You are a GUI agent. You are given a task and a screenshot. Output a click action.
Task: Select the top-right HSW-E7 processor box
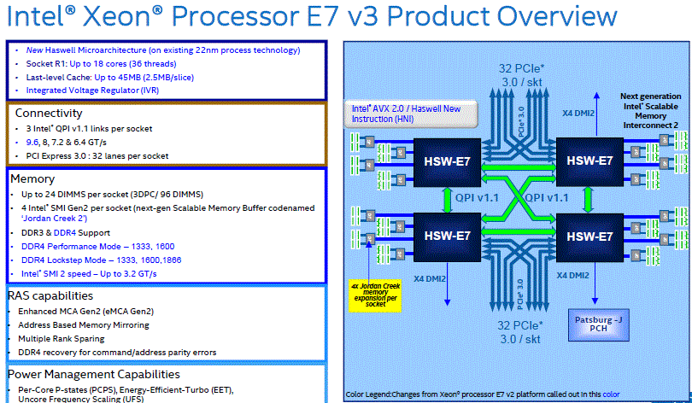tap(586, 160)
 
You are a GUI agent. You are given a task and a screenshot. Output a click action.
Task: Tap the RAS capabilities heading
tap(51, 295)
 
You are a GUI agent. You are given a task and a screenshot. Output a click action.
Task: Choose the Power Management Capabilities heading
tap(94, 374)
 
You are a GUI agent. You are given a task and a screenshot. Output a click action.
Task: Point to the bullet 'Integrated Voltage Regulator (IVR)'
tap(92, 90)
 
